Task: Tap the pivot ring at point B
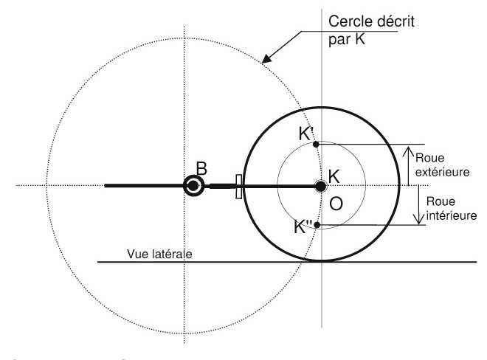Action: pyautogui.click(x=193, y=186)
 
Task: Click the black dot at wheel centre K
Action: pyautogui.click(x=320, y=186)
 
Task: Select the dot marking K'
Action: pyautogui.click(x=316, y=144)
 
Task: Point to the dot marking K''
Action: pyautogui.click(x=317, y=224)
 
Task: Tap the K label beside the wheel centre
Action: pyautogui.click(x=334, y=176)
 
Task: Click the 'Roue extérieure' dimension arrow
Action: pyautogui.click(x=410, y=164)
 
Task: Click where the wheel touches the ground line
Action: pyautogui.click(x=321, y=261)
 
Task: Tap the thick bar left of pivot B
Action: pyautogui.click(x=144, y=186)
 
